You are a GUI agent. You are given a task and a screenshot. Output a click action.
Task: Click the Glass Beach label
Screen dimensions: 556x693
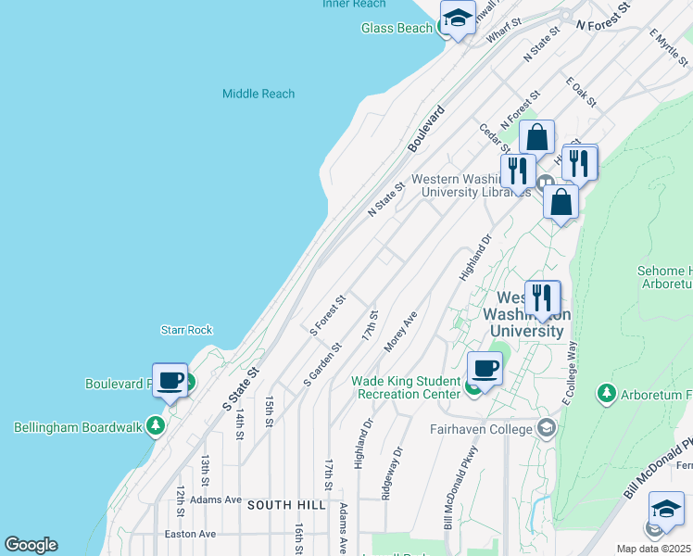[x=396, y=28]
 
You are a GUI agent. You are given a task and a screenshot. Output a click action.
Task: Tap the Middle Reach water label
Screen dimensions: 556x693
[x=258, y=94]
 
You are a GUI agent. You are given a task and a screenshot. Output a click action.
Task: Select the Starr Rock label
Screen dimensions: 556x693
[x=186, y=330]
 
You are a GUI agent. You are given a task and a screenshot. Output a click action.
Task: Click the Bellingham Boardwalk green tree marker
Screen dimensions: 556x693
[x=156, y=426]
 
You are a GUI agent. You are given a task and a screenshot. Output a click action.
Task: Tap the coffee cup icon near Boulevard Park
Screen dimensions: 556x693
[x=170, y=380]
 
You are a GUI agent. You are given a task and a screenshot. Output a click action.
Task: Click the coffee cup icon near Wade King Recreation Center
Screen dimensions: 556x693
[x=485, y=368]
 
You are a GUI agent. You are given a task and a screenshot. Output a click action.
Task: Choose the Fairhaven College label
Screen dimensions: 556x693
[x=481, y=429]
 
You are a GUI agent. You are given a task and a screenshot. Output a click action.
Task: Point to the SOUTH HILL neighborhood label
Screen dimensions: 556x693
[x=286, y=505]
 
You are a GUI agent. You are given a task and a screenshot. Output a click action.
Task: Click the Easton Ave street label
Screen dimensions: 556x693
[x=190, y=534]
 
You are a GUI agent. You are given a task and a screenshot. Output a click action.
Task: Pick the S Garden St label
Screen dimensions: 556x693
[x=322, y=365]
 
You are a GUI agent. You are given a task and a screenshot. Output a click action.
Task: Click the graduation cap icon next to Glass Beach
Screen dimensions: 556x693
[x=457, y=19]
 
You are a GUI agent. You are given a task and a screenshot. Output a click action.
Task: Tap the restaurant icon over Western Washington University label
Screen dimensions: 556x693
[x=542, y=298]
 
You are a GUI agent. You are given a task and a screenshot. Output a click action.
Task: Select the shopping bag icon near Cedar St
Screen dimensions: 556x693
[x=536, y=138]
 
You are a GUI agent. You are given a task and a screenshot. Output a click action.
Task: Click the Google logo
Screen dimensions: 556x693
[x=31, y=545]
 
